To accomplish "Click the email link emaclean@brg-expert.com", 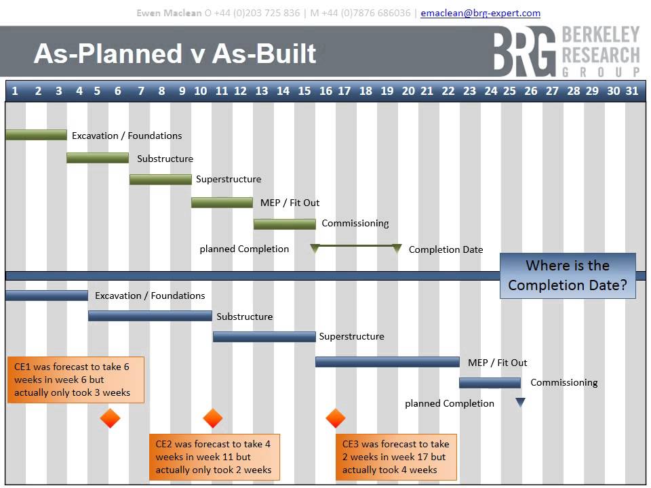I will tap(480, 13).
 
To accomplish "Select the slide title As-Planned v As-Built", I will tap(175, 54).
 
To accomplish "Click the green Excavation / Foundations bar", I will tap(36, 135).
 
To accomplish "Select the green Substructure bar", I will tap(98, 158).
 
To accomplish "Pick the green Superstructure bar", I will tap(161, 180).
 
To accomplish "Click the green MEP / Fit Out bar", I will tap(222, 202).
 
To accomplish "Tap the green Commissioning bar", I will tap(285, 224).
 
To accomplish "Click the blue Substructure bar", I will tap(150, 316).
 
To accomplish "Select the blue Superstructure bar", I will tap(264, 337).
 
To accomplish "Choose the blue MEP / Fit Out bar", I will tap(387, 362).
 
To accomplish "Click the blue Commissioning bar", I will tap(490, 383).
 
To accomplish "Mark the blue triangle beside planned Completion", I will tap(520, 403).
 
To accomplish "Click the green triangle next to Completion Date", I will tap(397, 249).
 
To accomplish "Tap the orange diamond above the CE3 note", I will tap(336, 419).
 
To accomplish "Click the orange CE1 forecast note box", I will tap(76, 380).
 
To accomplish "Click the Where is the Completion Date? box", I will tap(568, 275).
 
